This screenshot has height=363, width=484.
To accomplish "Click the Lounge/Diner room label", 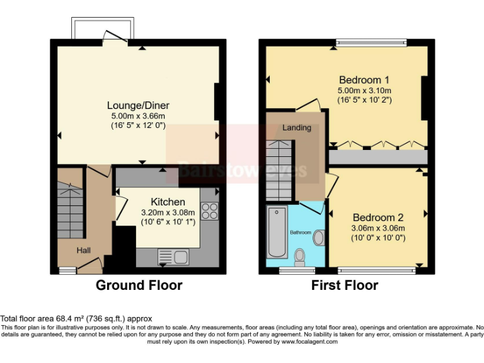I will pos(138,105).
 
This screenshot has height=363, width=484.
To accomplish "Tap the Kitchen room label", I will pos(169,202).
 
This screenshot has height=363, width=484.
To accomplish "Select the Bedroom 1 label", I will pos(364,80).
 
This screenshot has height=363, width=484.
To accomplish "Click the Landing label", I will pos(296,128).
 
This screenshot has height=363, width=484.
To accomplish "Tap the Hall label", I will pos(84,250).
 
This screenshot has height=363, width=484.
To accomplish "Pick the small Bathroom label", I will pos(301,233).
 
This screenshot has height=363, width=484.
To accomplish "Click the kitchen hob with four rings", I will pos(209,212).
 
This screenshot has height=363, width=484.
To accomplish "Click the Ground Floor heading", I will pos(139,285).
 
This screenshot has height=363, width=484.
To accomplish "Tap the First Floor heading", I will pos(345,285).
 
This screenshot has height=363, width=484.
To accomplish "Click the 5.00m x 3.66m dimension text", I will pos(138,116).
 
